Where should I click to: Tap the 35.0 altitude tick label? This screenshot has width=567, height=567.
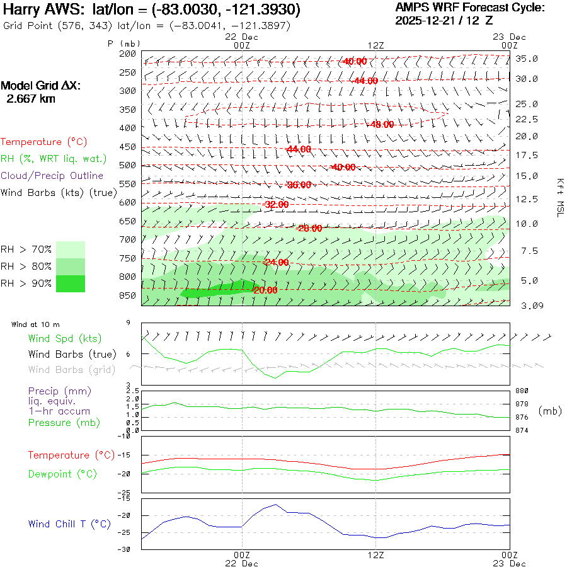tap(527, 59)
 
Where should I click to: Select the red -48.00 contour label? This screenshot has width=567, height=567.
tap(382, 124)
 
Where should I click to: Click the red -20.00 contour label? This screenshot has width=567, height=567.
tap(265, 290)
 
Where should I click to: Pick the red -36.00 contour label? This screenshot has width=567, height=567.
tap(299, 185)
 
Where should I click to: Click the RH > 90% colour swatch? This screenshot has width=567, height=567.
tap(71, 283)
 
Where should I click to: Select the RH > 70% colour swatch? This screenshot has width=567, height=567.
tap(71, 249)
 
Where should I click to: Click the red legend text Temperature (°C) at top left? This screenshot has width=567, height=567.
tap(40, 142)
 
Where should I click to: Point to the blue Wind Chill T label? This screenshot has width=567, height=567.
tap(69, 524)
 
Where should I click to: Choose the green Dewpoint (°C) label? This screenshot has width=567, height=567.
tap(58, 474)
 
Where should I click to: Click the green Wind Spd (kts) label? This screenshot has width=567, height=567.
tap(64, 338)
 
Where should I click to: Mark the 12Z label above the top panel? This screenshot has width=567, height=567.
tap(375, 45)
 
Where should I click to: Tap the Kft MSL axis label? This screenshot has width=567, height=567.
tap(559, 197)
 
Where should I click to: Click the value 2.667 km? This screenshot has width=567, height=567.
tap(30, 99)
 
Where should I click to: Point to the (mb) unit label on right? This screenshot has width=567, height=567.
tap(550, 410)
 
